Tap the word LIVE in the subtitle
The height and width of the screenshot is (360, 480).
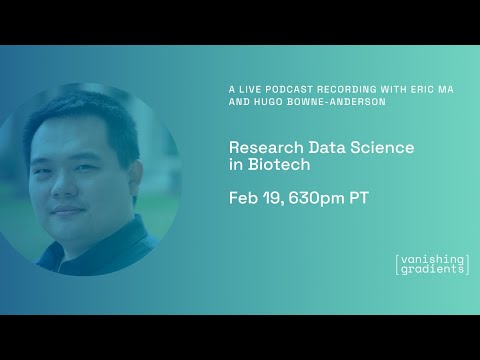pyautogui.click(x=249, y=89)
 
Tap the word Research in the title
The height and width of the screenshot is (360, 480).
pyautogui.click(x=262, y=147)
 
